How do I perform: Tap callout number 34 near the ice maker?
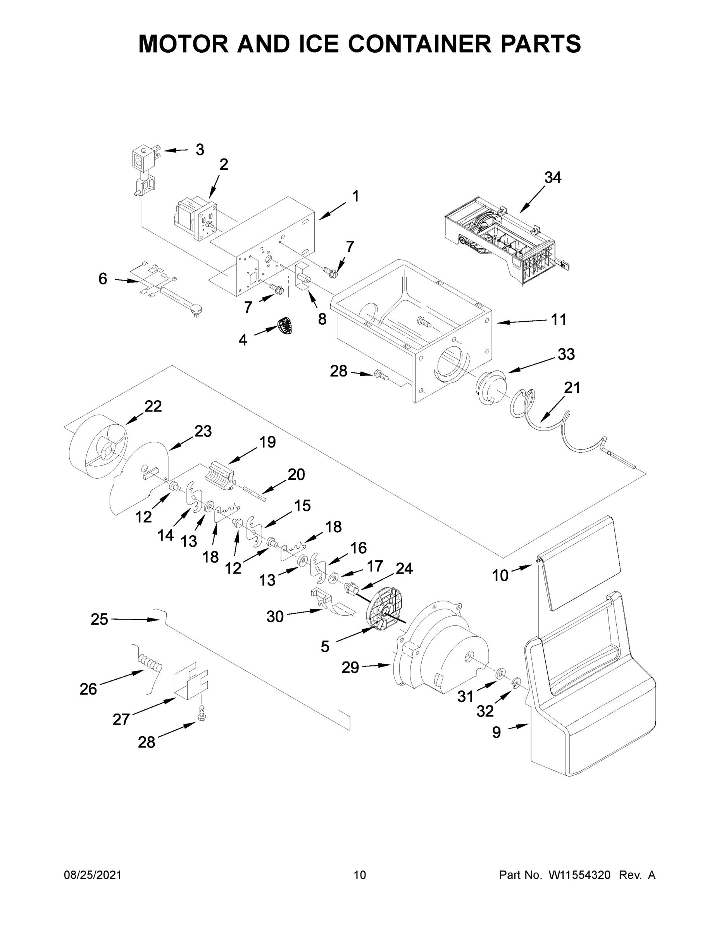[552, 177]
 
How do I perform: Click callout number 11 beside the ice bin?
[559, 319]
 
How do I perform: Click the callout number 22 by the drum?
[153, 406]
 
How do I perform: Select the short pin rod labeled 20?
[255, 494]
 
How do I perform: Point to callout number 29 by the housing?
[350, 667]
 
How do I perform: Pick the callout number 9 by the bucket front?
[497, 732]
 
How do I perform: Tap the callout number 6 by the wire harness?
[103, 279]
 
